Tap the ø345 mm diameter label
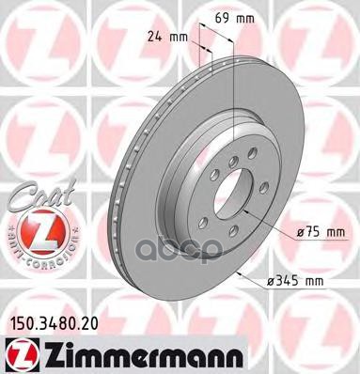(304, 279)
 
